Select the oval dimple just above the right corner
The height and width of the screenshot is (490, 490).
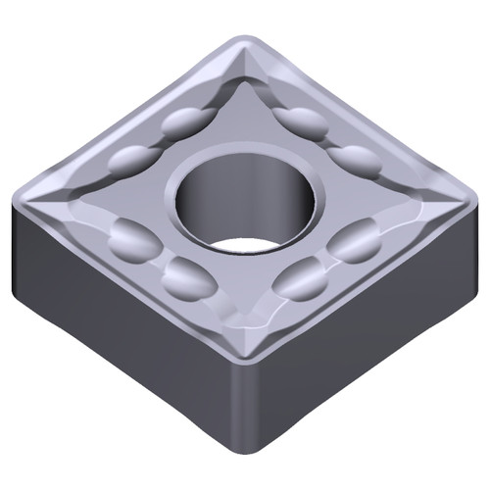(x=355, y=160)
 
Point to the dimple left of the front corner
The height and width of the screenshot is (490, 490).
(x=188, y=280)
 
